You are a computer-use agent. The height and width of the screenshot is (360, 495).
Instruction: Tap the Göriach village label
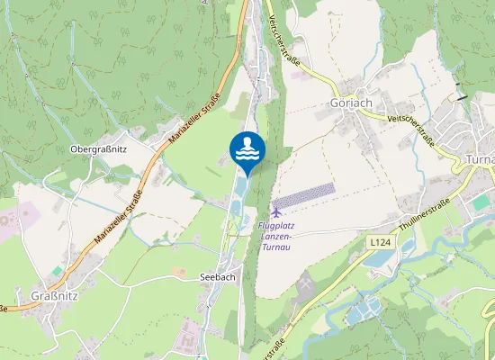(x=351, y=103)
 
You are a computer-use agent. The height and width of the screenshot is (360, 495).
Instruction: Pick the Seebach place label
(x=217, y=277)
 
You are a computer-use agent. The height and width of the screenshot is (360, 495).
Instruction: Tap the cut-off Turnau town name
(x=480, y=159)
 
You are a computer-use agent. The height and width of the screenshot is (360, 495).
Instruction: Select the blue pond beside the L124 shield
(x=379, y=262)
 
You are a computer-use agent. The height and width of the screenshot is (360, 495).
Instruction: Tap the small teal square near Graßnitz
(x=58, y=269)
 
